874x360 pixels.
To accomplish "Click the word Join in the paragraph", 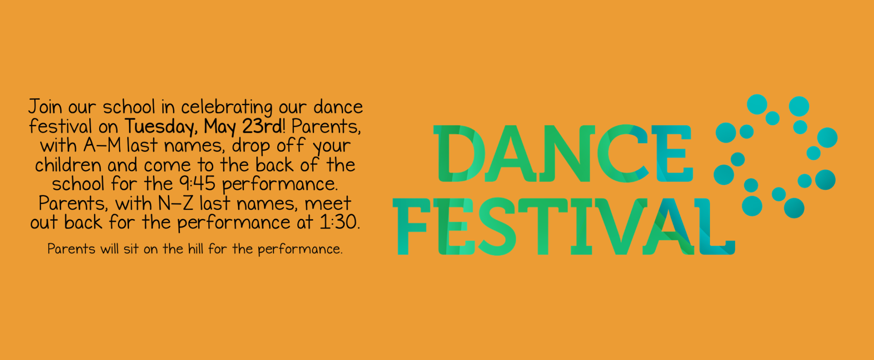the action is [x=45, y=107].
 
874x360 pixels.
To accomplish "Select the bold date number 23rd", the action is [x=262, y=126].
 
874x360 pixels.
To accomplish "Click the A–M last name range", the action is [x=102, y=146].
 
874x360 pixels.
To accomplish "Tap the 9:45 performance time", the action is [x=197, y=184].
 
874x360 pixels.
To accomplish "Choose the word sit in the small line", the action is [x=131, y=248].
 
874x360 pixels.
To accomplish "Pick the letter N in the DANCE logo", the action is [x=567, y=153].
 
